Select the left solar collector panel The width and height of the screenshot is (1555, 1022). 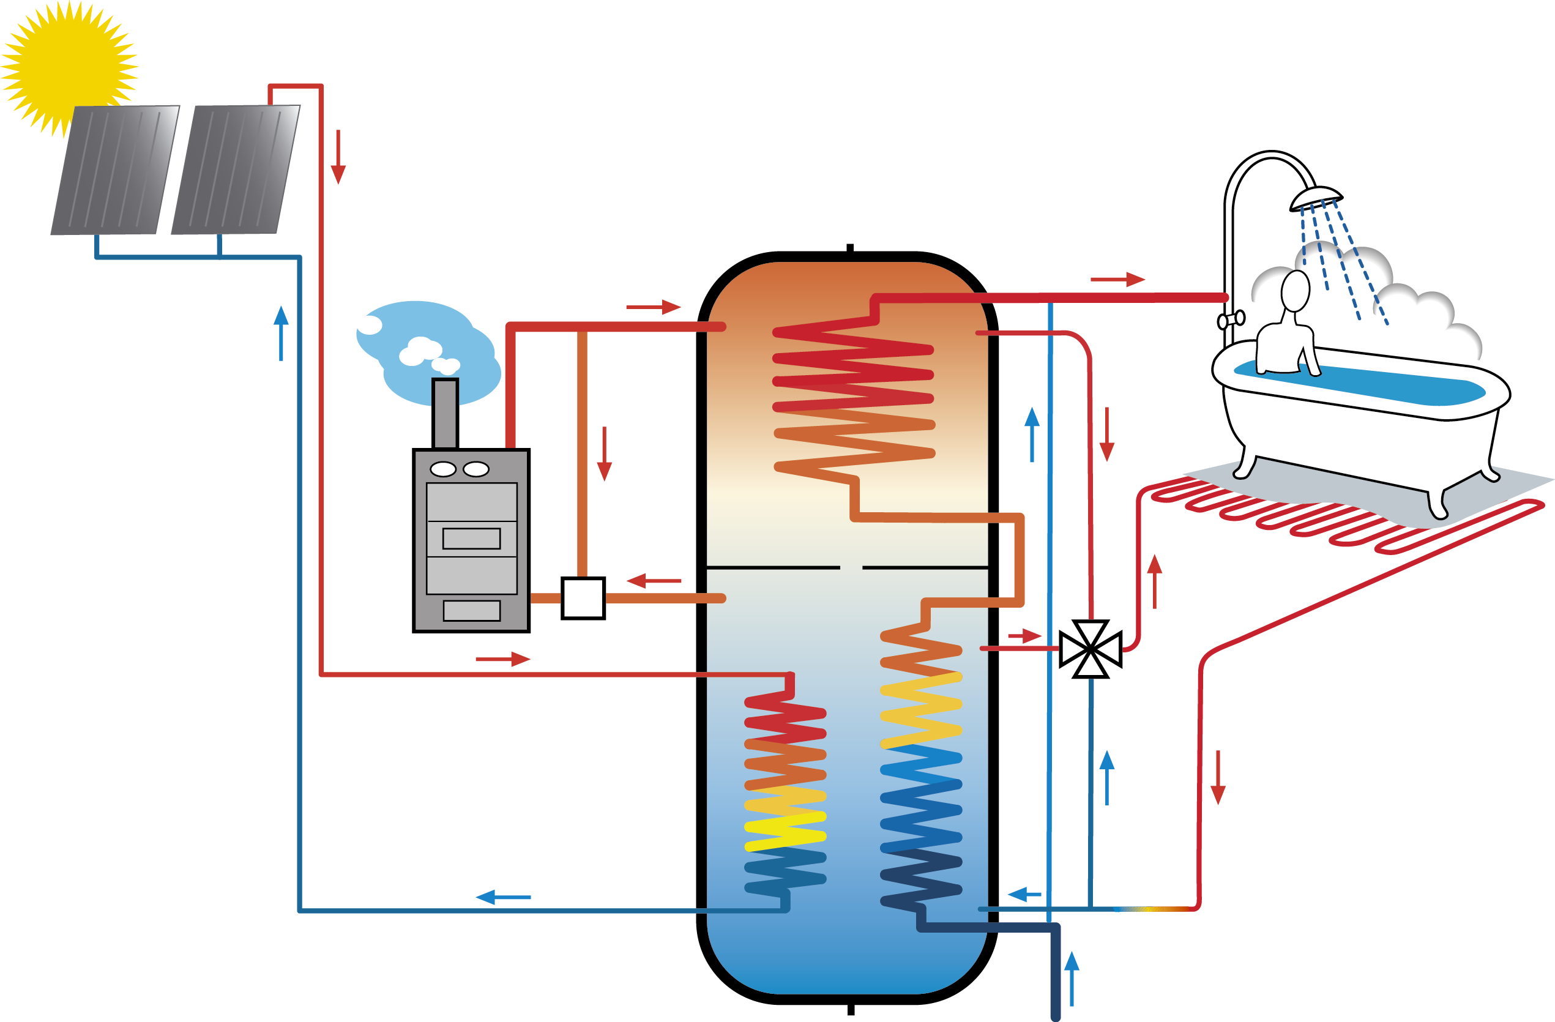point(115,170)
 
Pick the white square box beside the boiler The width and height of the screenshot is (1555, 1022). point(583,598)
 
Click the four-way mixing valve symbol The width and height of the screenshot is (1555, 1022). point(1091,649)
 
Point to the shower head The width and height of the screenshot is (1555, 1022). point(1316,198)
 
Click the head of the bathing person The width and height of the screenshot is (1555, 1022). point(1295,291)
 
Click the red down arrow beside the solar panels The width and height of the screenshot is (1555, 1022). point(338,157)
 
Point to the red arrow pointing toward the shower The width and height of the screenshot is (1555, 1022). point(1117,280)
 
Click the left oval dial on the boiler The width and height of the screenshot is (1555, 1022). point(443,469)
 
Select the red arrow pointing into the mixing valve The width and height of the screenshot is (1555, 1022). point(1024,636)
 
